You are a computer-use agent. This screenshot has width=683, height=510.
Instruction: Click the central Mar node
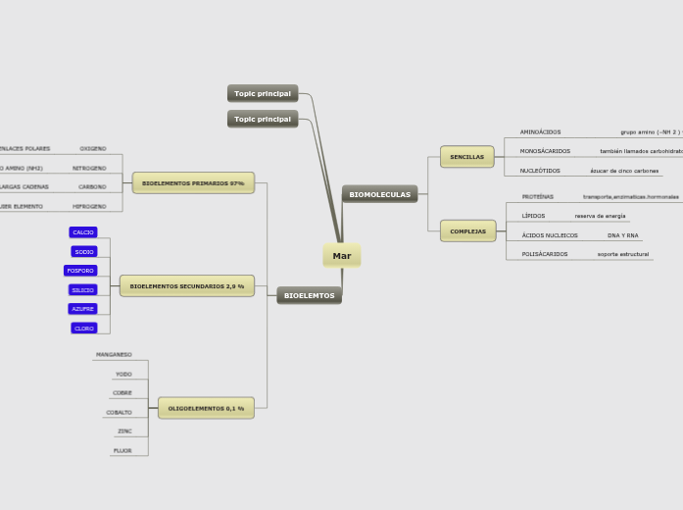pos(341,256)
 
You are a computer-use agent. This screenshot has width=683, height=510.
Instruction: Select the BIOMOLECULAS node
pos(380,194)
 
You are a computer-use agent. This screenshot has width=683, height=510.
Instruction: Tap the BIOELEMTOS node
pos(309,295)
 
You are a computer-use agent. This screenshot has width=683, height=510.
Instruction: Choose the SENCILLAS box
pos(466,157)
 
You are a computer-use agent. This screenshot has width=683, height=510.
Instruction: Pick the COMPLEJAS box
pos(467,231)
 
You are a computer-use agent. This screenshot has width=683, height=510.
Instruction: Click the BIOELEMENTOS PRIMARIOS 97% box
pos(193,183)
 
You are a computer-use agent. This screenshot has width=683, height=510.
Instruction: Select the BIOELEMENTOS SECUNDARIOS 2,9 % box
pos(187,286)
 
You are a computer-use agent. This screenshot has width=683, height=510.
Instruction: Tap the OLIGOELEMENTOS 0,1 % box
pos(206,408)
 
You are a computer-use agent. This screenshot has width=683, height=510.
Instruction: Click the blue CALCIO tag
pos(83,232)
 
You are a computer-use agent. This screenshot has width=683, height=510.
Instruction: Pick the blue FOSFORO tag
pos(80,271)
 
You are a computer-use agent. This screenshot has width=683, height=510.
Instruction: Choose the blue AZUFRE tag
pos(83,309)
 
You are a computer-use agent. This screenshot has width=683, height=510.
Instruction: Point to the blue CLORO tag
pos(84,329)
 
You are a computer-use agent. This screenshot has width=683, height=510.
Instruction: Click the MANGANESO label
pos(114,355)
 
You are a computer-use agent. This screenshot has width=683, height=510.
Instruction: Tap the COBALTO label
pos(120,413)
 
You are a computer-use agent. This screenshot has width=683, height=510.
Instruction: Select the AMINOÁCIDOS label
pos(540,131)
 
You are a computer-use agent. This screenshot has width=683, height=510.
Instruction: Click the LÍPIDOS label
pos(533,216)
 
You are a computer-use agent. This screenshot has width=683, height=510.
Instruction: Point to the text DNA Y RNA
pos(622,235)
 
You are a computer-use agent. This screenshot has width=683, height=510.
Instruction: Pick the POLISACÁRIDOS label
pos(544,254)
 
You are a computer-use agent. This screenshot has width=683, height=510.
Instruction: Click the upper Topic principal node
pos(263,93)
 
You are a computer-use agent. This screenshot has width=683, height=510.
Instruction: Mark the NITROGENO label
pos(89,168)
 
